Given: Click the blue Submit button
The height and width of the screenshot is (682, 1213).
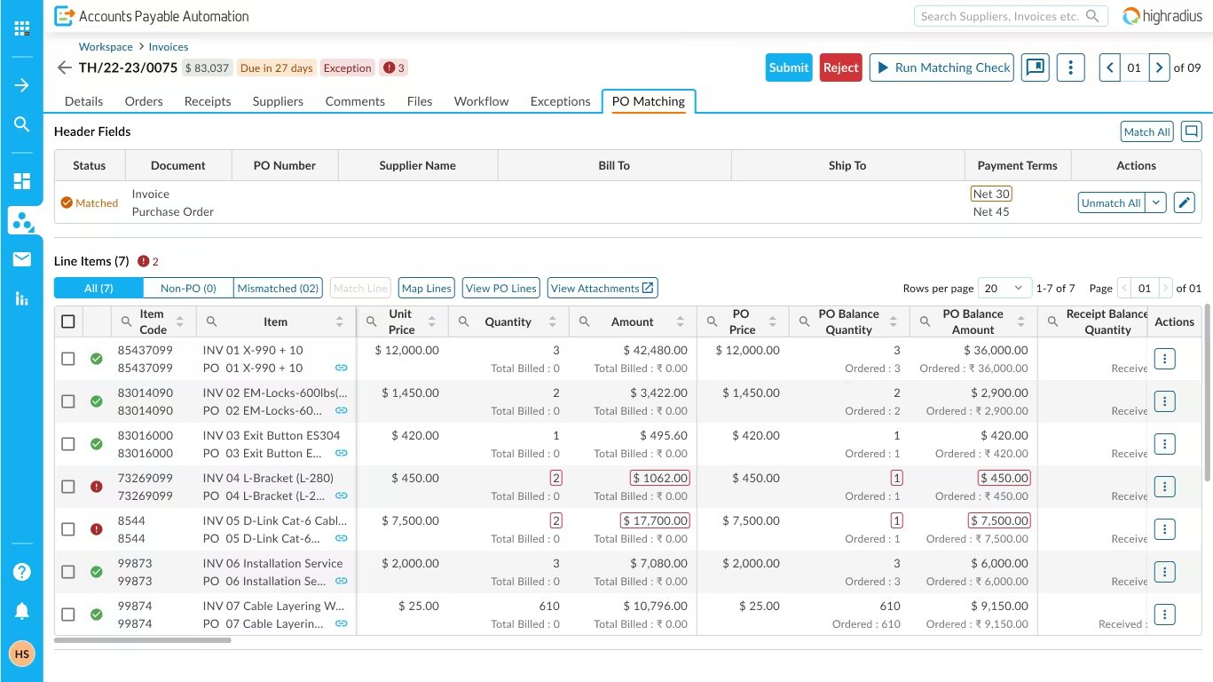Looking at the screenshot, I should click(x=788, y=67).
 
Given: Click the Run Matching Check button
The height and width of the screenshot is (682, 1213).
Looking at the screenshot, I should click(x=941, y=67).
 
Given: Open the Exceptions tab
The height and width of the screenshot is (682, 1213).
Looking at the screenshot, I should click(x=560, y=101).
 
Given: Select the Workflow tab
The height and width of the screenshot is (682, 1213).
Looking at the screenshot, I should click(x=481, y=101).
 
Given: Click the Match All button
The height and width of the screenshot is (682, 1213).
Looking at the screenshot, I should click(x=1146, y=132).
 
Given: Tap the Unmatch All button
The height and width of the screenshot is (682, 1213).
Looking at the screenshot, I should click(x=1111, y=202).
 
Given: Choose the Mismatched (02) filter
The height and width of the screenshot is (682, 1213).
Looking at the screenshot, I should click(x=278, y=288).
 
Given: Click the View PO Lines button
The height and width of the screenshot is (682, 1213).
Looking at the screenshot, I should click(x=500, y=288).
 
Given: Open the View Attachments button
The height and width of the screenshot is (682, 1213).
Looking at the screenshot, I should click(x=602, y=288).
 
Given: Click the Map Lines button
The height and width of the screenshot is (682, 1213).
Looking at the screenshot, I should click(x=426, y=288).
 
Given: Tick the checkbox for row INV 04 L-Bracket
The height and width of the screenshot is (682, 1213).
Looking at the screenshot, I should click(x=68, y=487).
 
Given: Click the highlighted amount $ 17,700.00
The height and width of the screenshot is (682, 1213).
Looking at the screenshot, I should click(x=656, y=520).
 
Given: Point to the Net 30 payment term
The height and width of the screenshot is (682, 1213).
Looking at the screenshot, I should click(x=990, y=194).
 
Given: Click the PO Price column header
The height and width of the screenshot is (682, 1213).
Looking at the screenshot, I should click(x=742, y=321).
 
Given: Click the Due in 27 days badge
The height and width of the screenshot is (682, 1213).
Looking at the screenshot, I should click(x=276, y=68).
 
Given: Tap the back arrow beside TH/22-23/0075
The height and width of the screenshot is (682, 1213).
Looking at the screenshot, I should click(x=64, y=68).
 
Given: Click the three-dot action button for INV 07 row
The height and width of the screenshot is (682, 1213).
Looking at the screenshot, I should click(x=1164, y=615).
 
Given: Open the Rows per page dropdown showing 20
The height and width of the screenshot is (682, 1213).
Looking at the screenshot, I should click(x=1004, y=288).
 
